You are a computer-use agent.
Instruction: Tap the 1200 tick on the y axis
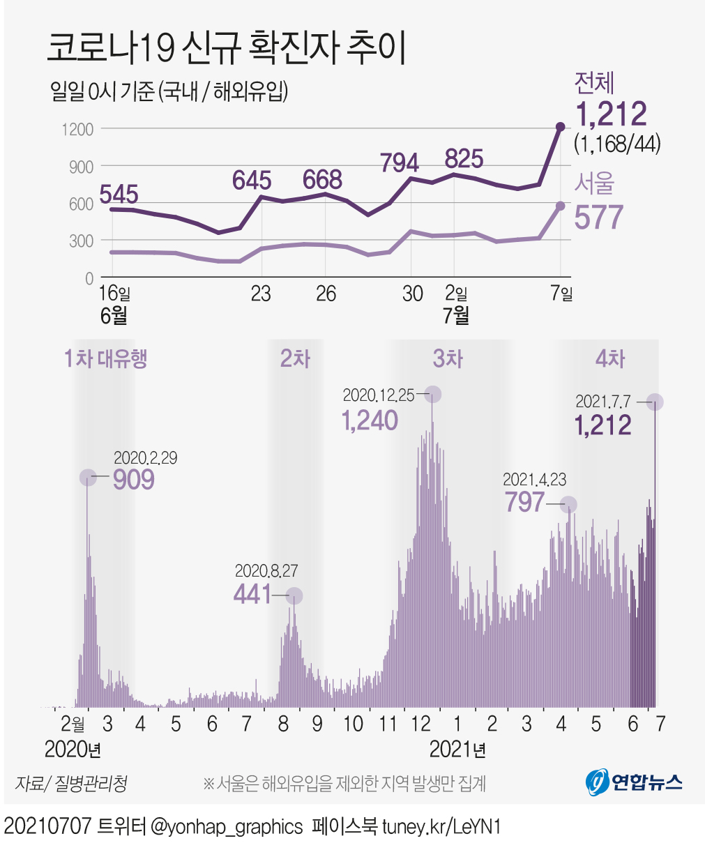pos(77,129)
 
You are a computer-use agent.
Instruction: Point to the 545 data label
pos(119,194)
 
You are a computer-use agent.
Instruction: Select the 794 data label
pos(400,163)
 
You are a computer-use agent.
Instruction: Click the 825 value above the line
pos(464,159)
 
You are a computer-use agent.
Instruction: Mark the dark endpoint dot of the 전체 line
pos(560,127)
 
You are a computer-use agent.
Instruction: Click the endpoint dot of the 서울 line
pos(560,206)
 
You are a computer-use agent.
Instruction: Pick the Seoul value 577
pos(598,218)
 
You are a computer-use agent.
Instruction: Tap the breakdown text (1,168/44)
pos(616,144)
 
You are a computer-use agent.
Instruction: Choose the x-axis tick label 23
pos(261,294)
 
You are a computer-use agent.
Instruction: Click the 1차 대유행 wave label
pos(105,359)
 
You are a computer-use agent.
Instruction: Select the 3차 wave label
pos(448,359)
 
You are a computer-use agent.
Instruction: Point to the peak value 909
pos(133,480)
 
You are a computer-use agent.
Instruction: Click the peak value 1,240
pos(370,420)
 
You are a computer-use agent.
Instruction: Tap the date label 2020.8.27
pos(266,571)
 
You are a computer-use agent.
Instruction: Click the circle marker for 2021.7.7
pos(654,402)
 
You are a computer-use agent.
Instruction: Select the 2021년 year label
pos(457,750)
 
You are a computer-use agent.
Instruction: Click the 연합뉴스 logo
pos(634,782)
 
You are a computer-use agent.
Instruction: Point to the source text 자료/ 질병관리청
pos(71,783)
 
